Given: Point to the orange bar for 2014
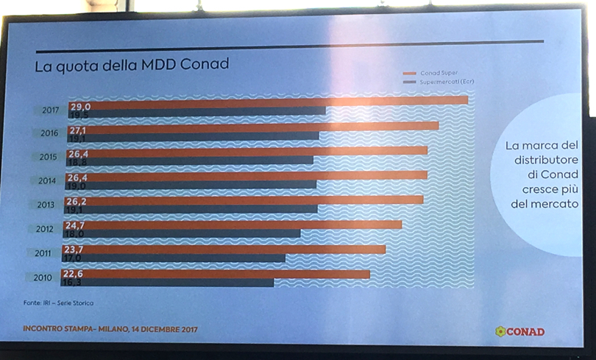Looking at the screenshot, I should click(258, 175).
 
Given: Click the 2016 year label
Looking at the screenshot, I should click(51, 133).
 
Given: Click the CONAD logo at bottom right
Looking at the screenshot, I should click(520, 331).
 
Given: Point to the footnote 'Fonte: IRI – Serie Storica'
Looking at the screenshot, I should click(59, 303).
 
